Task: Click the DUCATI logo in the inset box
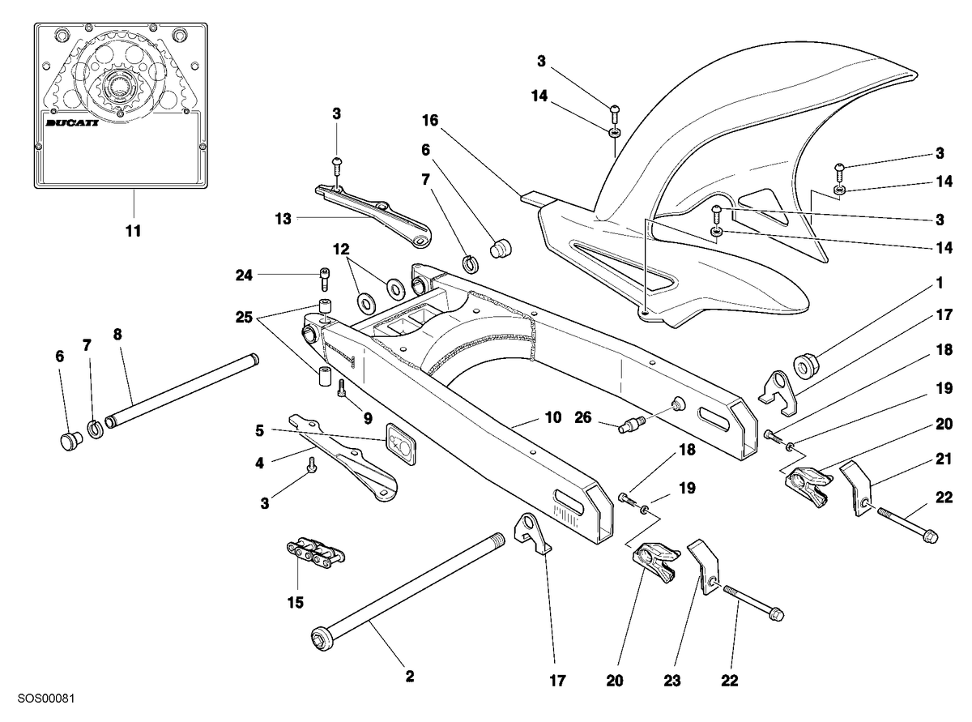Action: [x=72, y=122]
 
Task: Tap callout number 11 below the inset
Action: [x=133, y=231]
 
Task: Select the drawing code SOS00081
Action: [x=46, y=698]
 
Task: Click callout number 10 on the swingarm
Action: [x=553, y=417]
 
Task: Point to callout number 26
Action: [x=583, y=417]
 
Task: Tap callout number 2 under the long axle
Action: [x=409, y=676]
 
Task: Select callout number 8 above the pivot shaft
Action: [x=117, y=334]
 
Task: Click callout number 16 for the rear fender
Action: [x=430, y=120]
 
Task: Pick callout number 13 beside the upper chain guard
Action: [x=283, y=218]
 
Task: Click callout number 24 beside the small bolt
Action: [x=244, y=276]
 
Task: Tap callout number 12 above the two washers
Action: [x=341, y=249]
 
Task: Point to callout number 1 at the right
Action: [x=939, y=283]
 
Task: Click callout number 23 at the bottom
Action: [x=671, y=681]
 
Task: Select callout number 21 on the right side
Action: [x=944, y=459]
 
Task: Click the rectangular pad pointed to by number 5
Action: [x=400, y=443]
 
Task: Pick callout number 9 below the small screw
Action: [x=368, y=419]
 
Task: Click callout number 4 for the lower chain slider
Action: [x=259, y=463]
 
